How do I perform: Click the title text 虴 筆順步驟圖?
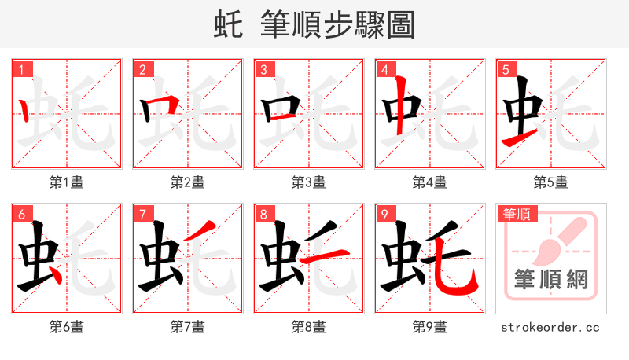(314, 24)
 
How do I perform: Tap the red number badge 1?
(21, 70)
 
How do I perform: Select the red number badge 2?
(142, 70)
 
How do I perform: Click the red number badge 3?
(263, 70)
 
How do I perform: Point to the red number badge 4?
(384, 70)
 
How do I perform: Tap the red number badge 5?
(506, 70)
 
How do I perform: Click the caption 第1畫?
(67, 182)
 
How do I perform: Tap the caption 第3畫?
(309, 182)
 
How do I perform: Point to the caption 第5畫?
(551, 182)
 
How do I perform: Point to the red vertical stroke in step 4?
(401, 106)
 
